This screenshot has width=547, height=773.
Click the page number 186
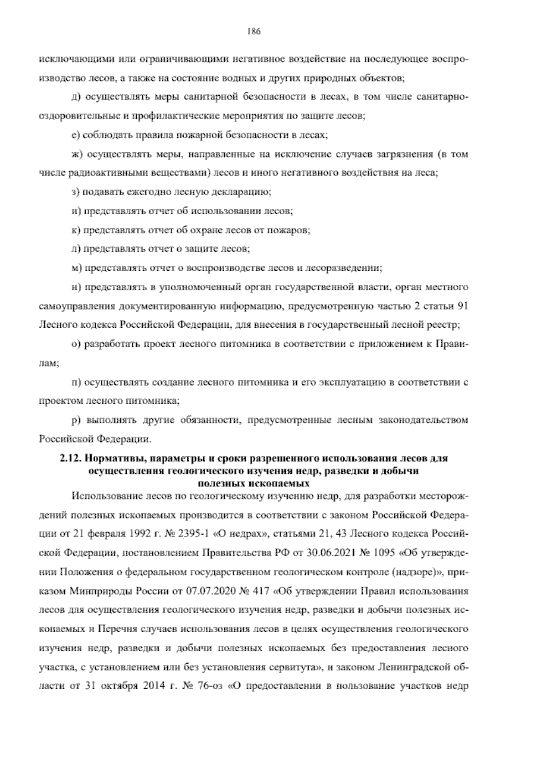tap(253, 31)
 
